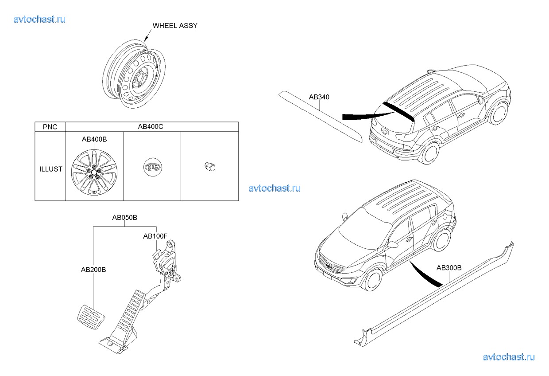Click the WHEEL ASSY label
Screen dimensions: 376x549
point(174,26)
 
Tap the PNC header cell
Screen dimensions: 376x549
point(50,127)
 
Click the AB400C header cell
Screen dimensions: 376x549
point(151,127)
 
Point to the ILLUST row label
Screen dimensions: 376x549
point(50,169)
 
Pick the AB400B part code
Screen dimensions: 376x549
point(94,139)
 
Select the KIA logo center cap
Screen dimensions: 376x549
point(152,168)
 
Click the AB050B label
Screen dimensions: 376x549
point(124,218)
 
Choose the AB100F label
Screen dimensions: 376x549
point(155,236)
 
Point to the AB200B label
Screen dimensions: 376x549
point(93,269)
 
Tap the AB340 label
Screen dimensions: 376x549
point(319,97)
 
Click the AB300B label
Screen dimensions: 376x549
point(449,268)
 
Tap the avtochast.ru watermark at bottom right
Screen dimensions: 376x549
point(508,357)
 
